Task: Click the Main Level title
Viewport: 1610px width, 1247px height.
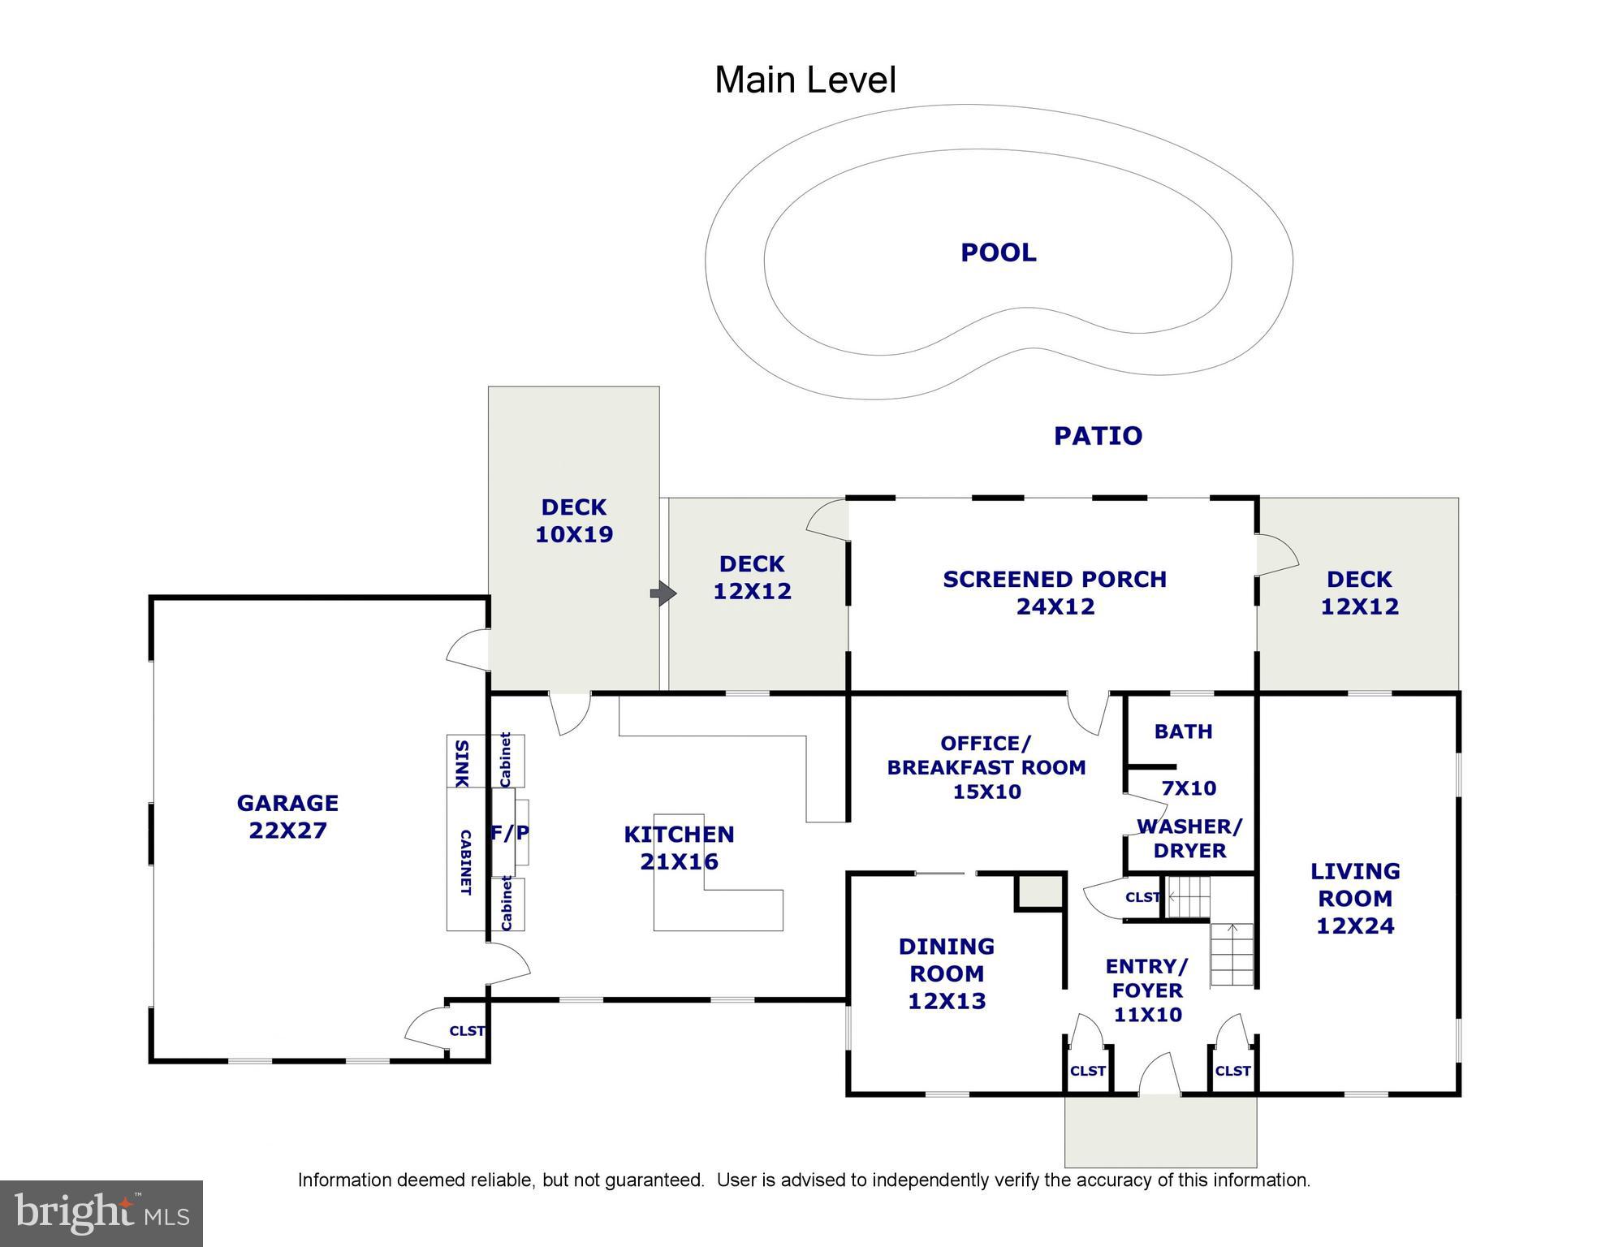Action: [x=805, y=80]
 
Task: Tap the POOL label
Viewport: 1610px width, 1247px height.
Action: [x=998, y=252]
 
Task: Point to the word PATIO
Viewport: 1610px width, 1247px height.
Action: [x=1098, y=436]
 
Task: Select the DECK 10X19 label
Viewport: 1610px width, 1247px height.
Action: [x=574, y=520]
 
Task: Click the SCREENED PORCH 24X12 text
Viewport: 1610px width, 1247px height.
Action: [x=1055, y=593]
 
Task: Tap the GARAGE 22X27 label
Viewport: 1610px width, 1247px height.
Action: [x=287, y=816]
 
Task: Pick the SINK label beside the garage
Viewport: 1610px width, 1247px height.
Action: [x=460, y=762]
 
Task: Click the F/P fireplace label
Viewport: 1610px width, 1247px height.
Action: [x=510, y=833]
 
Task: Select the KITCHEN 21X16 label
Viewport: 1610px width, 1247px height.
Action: [x=679, y=848]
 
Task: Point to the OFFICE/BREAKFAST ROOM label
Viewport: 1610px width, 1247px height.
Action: [x=986, y=767]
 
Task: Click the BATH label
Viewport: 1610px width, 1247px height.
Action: [x=1183, y=731]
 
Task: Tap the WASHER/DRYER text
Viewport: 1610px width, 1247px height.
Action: [x=1189, y=839]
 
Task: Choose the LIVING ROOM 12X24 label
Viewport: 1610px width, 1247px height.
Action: [x=1354, y=898]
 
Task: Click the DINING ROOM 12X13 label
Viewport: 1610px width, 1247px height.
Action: [x=946, y=973]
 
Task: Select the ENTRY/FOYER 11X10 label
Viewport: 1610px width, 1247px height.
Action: [x=1146, y=990]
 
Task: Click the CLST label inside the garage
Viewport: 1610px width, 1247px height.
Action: [x=467, y=1031]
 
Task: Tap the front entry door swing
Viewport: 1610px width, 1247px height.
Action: [x=1159, y=1073]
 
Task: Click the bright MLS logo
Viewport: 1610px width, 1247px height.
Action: [x=101, y=1213]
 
